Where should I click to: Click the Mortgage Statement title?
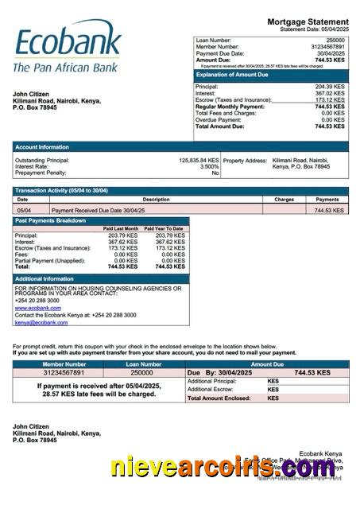(x=308, y=21)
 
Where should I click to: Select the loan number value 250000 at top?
(x=335, y=39)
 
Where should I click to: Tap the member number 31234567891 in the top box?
(x=327, y=46)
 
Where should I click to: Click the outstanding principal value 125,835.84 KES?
(x=198, y=160)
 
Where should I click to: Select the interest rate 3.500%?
(x=208, y=166)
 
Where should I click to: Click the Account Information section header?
(x=41, y=147)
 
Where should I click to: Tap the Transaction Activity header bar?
(x=62, y=191)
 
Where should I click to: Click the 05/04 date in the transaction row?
(x=24, y=210)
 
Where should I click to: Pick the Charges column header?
(x=284, y=200)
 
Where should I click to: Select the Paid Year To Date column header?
(x=168, y=228)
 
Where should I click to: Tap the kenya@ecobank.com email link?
(x=41, y=323)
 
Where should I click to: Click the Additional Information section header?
(x=45, y=279)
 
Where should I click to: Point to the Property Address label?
(x=245, y=160)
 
